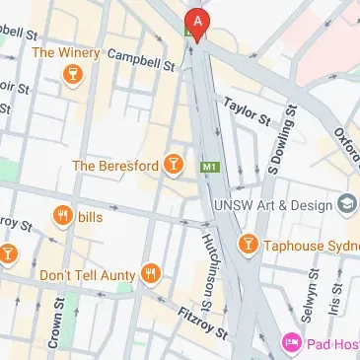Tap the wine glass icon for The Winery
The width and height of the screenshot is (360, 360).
[x=71, y=76]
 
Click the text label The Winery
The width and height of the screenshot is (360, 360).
[x=66, y=52]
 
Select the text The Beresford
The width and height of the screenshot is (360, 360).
[x=115, y=166]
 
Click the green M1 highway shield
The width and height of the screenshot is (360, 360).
[x=208, y=168]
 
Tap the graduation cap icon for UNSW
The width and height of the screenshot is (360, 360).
[x=348, y=204]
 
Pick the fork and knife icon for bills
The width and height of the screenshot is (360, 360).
[x=63, y=216]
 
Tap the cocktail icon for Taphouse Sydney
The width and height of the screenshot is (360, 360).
[x=248, y=242]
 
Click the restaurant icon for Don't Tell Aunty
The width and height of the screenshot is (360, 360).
[x=150, y=273]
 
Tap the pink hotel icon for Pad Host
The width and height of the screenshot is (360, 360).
[x=292, y=342]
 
